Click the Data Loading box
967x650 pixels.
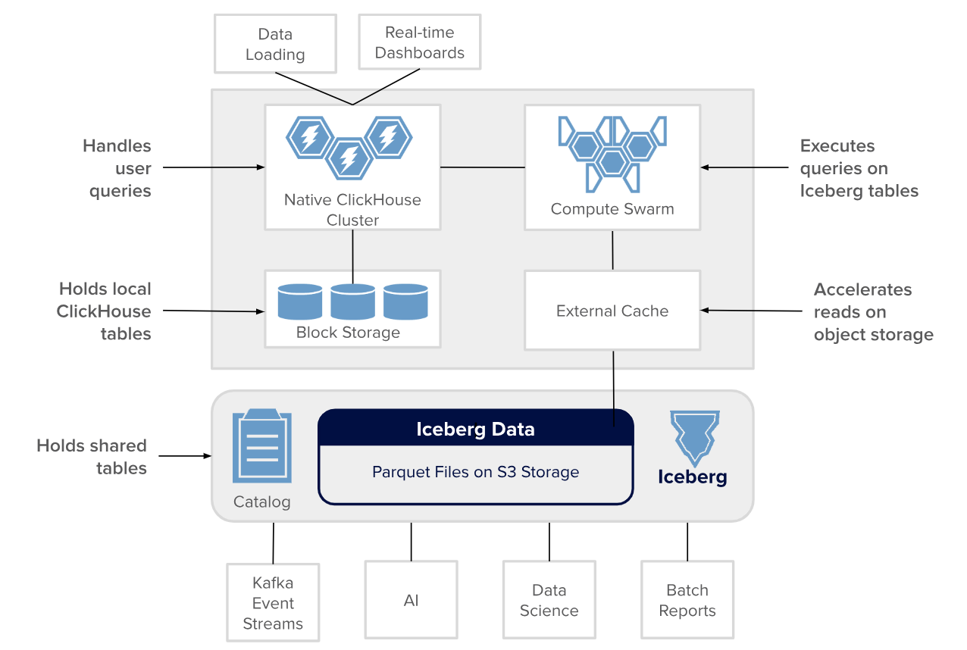[x=275, y=44]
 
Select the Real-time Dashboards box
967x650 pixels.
[x=419, y=42]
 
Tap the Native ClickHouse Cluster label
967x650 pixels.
[x=352, y=210]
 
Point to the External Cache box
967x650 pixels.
[x=612, y=311]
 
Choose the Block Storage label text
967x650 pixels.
[x=348, y=333]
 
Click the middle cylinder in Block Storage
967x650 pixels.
[x=352, y=302]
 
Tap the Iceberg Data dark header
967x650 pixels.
[x=475, y=429]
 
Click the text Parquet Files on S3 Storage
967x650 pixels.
[x=475, y=472]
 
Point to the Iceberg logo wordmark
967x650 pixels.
[x=693, y=477]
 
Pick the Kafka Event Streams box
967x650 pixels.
[x=273, y=603]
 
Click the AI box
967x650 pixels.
[x=411, y=601]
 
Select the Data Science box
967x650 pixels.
[x=549, y=601]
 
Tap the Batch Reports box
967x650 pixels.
[x=687, y=601]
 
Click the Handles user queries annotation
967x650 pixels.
[x=117, y=168]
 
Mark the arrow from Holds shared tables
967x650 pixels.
[x=185, y=456]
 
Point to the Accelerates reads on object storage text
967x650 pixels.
[x=873, y=312]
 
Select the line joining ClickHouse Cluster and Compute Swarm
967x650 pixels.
[x=483, y=167]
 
